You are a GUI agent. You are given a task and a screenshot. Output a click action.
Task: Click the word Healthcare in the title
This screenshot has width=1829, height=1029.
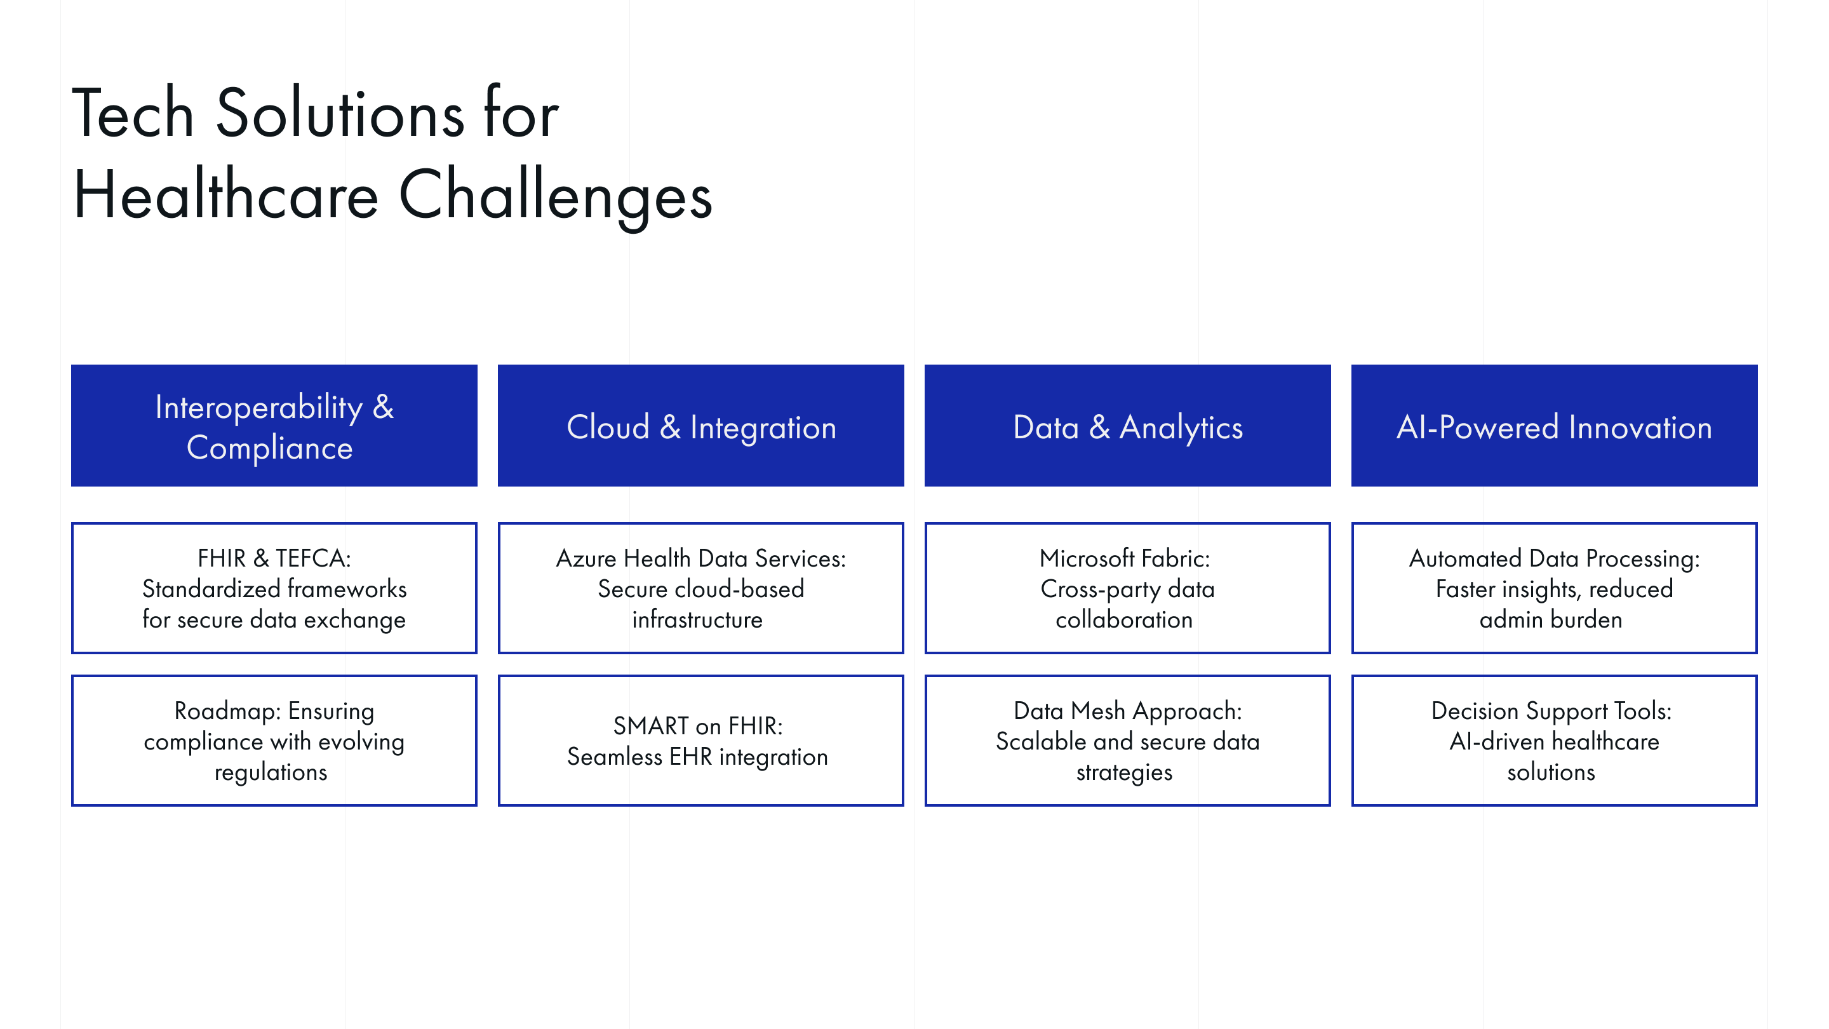[x=226, y=195]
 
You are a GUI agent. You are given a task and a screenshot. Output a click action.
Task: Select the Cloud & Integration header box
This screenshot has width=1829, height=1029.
[x=700, y=426]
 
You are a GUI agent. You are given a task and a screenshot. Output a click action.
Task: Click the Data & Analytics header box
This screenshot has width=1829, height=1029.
[x=1127, y=426]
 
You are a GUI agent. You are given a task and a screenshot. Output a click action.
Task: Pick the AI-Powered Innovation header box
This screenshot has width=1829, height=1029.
[x=1553, y=426]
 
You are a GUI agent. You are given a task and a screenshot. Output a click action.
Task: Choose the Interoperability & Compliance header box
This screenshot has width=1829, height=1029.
[x=274, y=426]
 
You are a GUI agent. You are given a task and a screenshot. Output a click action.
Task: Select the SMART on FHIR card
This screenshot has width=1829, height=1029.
[x=700, y=741]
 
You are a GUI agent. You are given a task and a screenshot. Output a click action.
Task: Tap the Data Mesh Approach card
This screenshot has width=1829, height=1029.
[x=1127, y=741]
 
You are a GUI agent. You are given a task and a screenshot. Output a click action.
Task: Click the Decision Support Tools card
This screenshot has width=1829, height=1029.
[x=1553, y=741]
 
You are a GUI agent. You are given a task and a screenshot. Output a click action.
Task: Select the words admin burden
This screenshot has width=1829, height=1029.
[x=1551, y=620]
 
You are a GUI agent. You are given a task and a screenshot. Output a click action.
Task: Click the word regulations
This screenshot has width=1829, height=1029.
[x=271, y=772]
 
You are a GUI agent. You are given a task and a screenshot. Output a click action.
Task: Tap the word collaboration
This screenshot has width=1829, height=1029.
[x=1124, y=620]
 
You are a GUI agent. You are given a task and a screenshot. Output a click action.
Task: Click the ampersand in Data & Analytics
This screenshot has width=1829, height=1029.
[x=1099, y=427]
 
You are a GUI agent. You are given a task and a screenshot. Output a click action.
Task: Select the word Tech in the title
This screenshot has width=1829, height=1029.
[x=133, y=114]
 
